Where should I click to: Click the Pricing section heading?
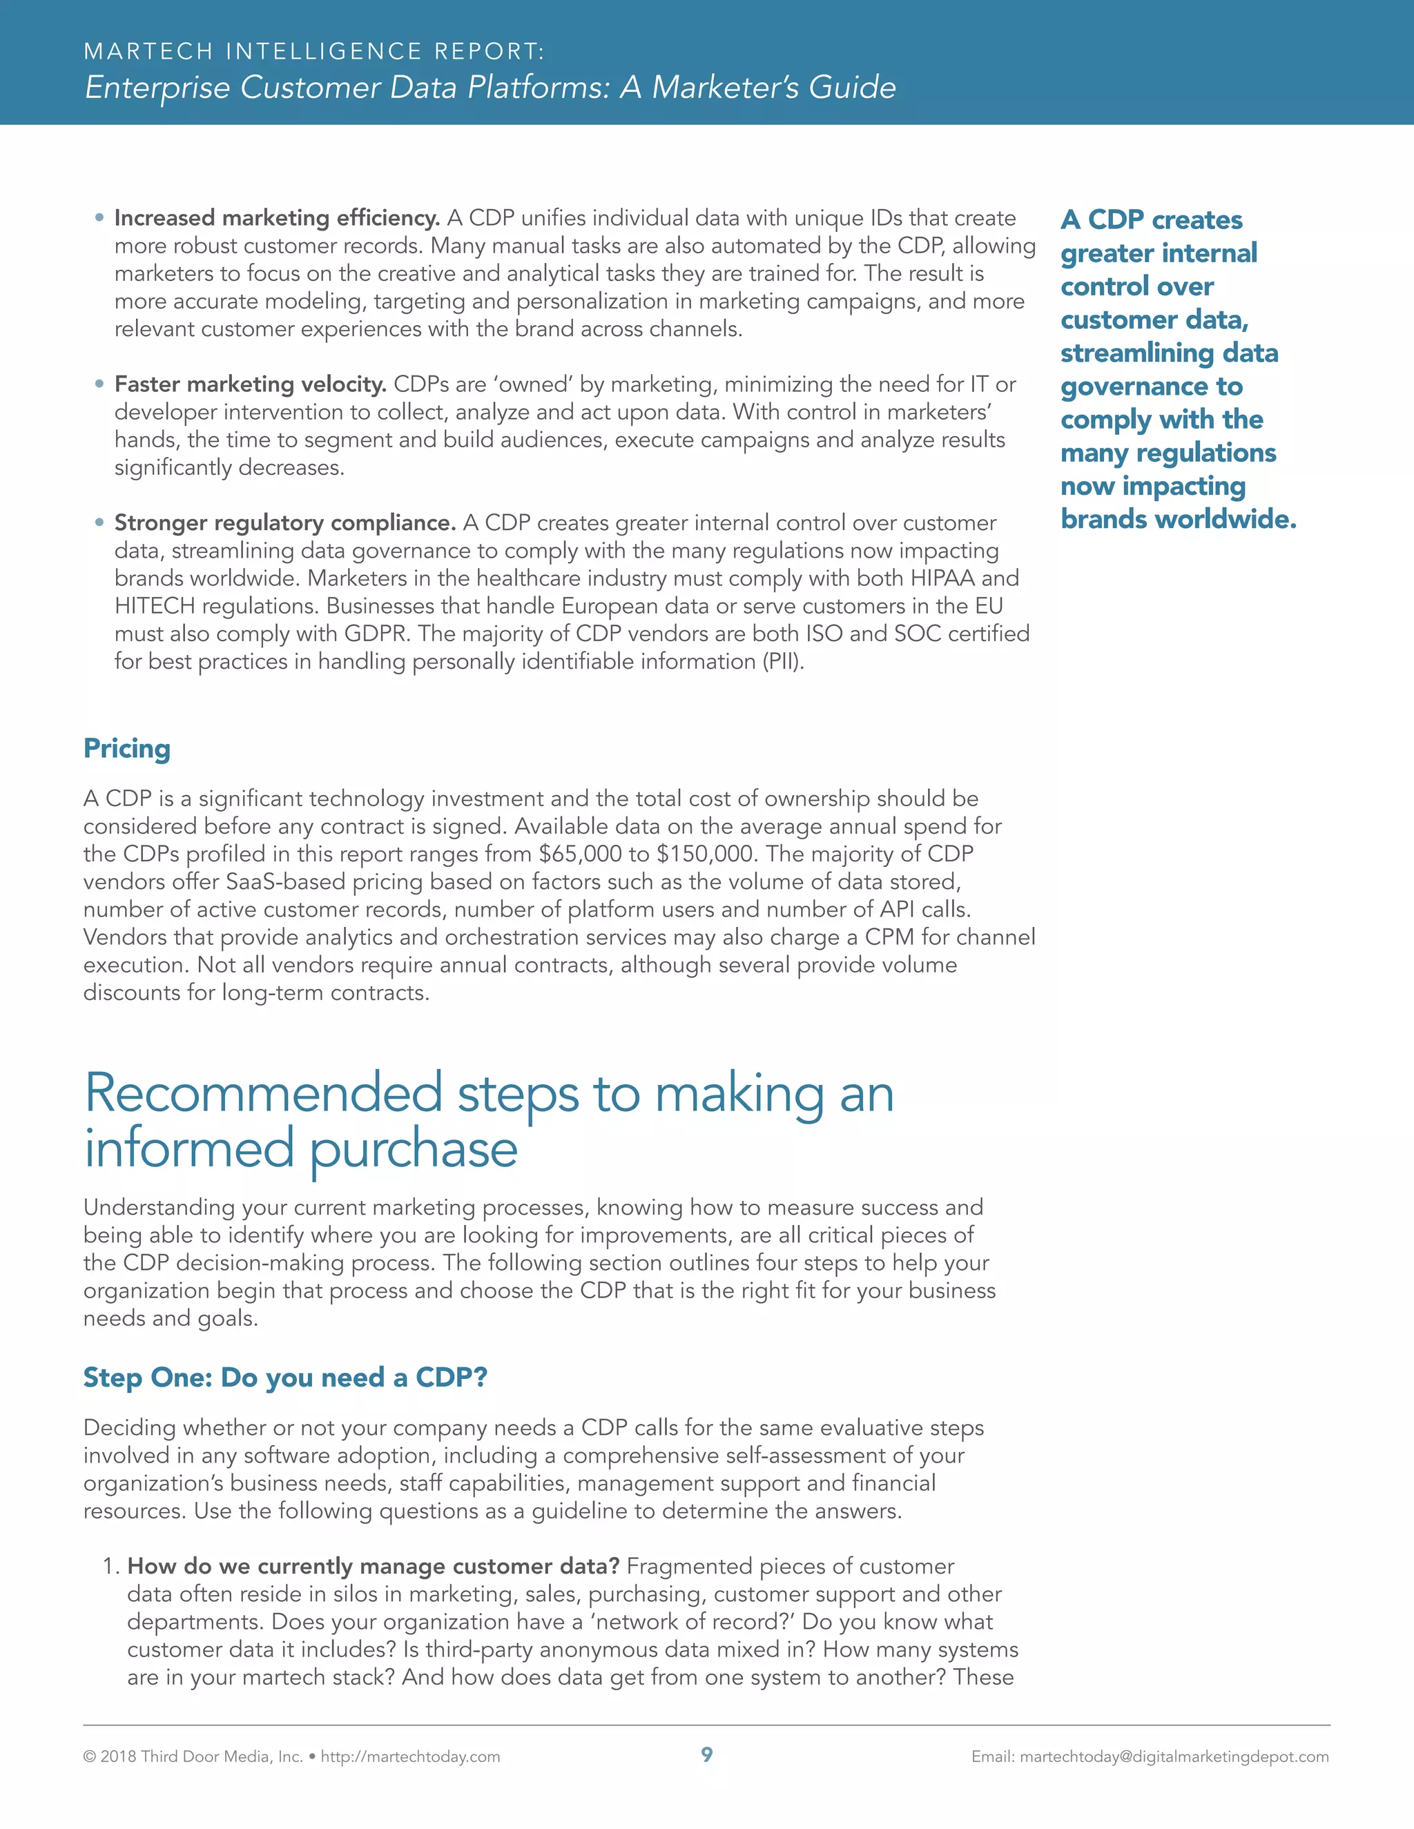click(126, 748)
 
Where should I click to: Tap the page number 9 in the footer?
click(707, 1754)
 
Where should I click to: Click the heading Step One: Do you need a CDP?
click(285, 1377)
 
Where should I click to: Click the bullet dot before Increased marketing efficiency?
click(99, 217)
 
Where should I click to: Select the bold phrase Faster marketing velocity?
click(250, 384)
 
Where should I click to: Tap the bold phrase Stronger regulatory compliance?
click(285, 522)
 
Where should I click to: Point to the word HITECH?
click(154, 605)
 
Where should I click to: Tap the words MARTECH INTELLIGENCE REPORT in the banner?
click(314, 51)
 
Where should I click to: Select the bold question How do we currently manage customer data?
click(373, 1566)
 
